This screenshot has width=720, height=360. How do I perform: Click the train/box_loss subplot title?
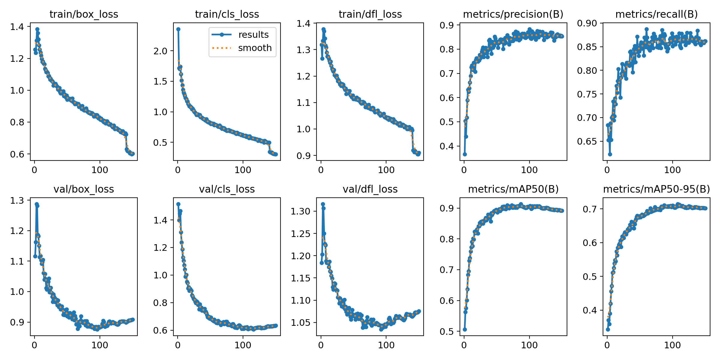[x=84, y=14]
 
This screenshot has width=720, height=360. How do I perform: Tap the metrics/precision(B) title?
[x=513, y=14]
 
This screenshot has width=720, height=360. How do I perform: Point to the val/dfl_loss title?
[x=370, y=189]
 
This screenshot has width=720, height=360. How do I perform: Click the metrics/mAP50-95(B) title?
[x=656, y=189]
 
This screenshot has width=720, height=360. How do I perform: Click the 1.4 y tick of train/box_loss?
[x=17, y=27]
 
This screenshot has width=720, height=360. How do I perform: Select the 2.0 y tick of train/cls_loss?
[x=160, y=51]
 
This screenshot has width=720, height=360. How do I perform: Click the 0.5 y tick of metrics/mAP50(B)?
[x=447, y=331]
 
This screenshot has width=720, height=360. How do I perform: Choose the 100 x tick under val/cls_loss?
[x=243, y=345]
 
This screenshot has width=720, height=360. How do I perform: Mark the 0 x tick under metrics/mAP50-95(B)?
[x=607, y=345]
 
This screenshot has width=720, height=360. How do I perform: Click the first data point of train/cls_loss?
[x=178, y=29]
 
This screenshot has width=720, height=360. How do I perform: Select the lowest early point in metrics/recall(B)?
[x=610, y=154]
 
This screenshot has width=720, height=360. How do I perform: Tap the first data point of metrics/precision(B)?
[x=465, y=154]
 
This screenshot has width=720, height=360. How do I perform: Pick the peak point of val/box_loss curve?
[x=37, y=204]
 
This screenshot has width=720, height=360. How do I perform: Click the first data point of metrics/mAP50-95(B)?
[x=608, y=329]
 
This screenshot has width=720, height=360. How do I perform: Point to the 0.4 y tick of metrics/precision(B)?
[x=447, y=146]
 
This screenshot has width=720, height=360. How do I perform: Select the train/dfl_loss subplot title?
[x=370, y=14]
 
